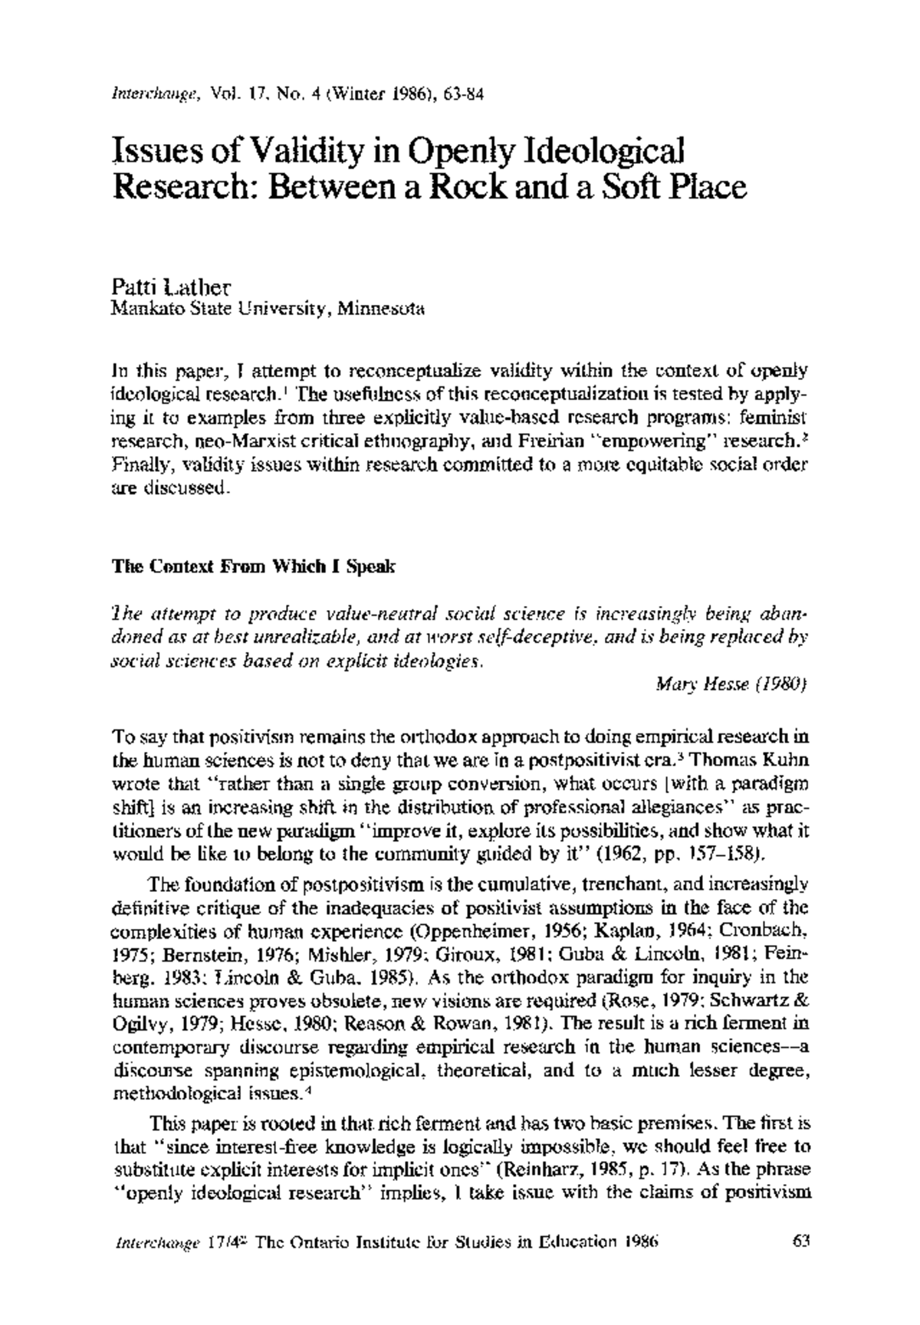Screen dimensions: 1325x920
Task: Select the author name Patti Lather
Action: tap(170, 290)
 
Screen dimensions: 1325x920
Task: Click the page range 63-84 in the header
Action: tap(463, 94)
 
